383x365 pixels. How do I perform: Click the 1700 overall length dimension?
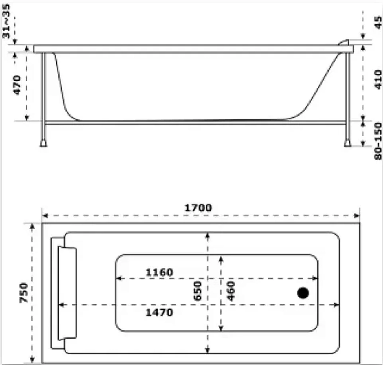pos(198,208)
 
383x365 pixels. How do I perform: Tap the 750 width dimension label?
pos(24,293)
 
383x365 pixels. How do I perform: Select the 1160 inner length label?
pos(159,272)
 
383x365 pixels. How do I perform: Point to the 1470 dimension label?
pos(159,312)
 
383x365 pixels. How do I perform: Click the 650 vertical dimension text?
pos(197,291)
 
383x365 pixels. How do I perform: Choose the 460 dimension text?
pos(231,291)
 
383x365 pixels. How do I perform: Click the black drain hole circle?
pos(303,293)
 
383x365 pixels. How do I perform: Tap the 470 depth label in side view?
pos(17,85)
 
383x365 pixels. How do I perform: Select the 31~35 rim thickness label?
pos(6,21)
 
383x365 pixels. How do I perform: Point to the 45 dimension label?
pos(378,22)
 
